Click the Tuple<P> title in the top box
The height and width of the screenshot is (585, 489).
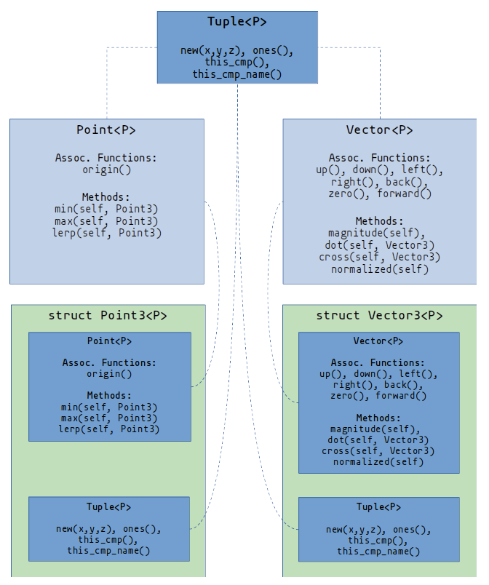coord(237,22)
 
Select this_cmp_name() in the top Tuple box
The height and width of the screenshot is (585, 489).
coord(237,73)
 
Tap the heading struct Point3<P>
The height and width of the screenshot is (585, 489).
coord(108,316)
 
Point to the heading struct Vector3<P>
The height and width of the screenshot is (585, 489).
coord(379,316)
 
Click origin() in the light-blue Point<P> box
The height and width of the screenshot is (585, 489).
coord(106,170)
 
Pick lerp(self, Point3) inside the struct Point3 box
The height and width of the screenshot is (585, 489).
coord(109,429)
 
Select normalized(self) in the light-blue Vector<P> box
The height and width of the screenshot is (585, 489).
coord(379,269)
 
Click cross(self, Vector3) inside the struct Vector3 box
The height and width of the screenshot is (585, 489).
coord(378,451)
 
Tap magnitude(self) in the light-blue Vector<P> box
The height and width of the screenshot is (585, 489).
coord(379,233)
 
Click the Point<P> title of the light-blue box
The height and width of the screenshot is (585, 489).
coord(106,130)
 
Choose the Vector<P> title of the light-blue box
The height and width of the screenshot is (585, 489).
coord(379,130)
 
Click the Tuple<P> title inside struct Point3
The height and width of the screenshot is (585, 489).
coord(109,507)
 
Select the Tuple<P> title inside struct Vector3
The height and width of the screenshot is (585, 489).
coord(378,507)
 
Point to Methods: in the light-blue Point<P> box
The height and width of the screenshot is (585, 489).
coord(106,197)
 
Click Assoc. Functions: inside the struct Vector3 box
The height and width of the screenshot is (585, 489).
coord(378,363)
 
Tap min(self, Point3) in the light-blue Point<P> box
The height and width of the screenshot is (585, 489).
coord(106,209)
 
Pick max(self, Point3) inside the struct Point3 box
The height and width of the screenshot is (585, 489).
coord(109,418)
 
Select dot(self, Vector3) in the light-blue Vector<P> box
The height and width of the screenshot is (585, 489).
coord(379,245)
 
